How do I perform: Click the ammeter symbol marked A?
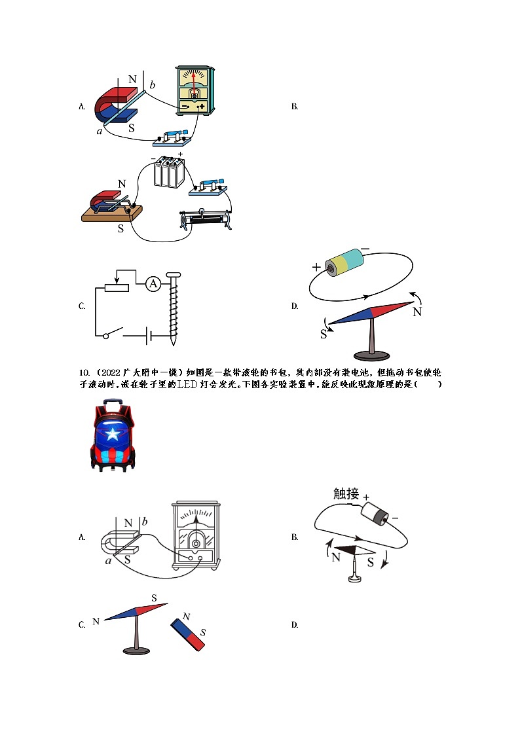[x=153, y=283]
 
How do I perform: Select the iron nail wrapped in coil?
[x=174, y=308]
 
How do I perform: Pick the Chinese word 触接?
[x=346, y=494]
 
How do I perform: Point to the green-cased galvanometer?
[x=195, y=90]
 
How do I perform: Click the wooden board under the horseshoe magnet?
[x=111, y=213]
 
